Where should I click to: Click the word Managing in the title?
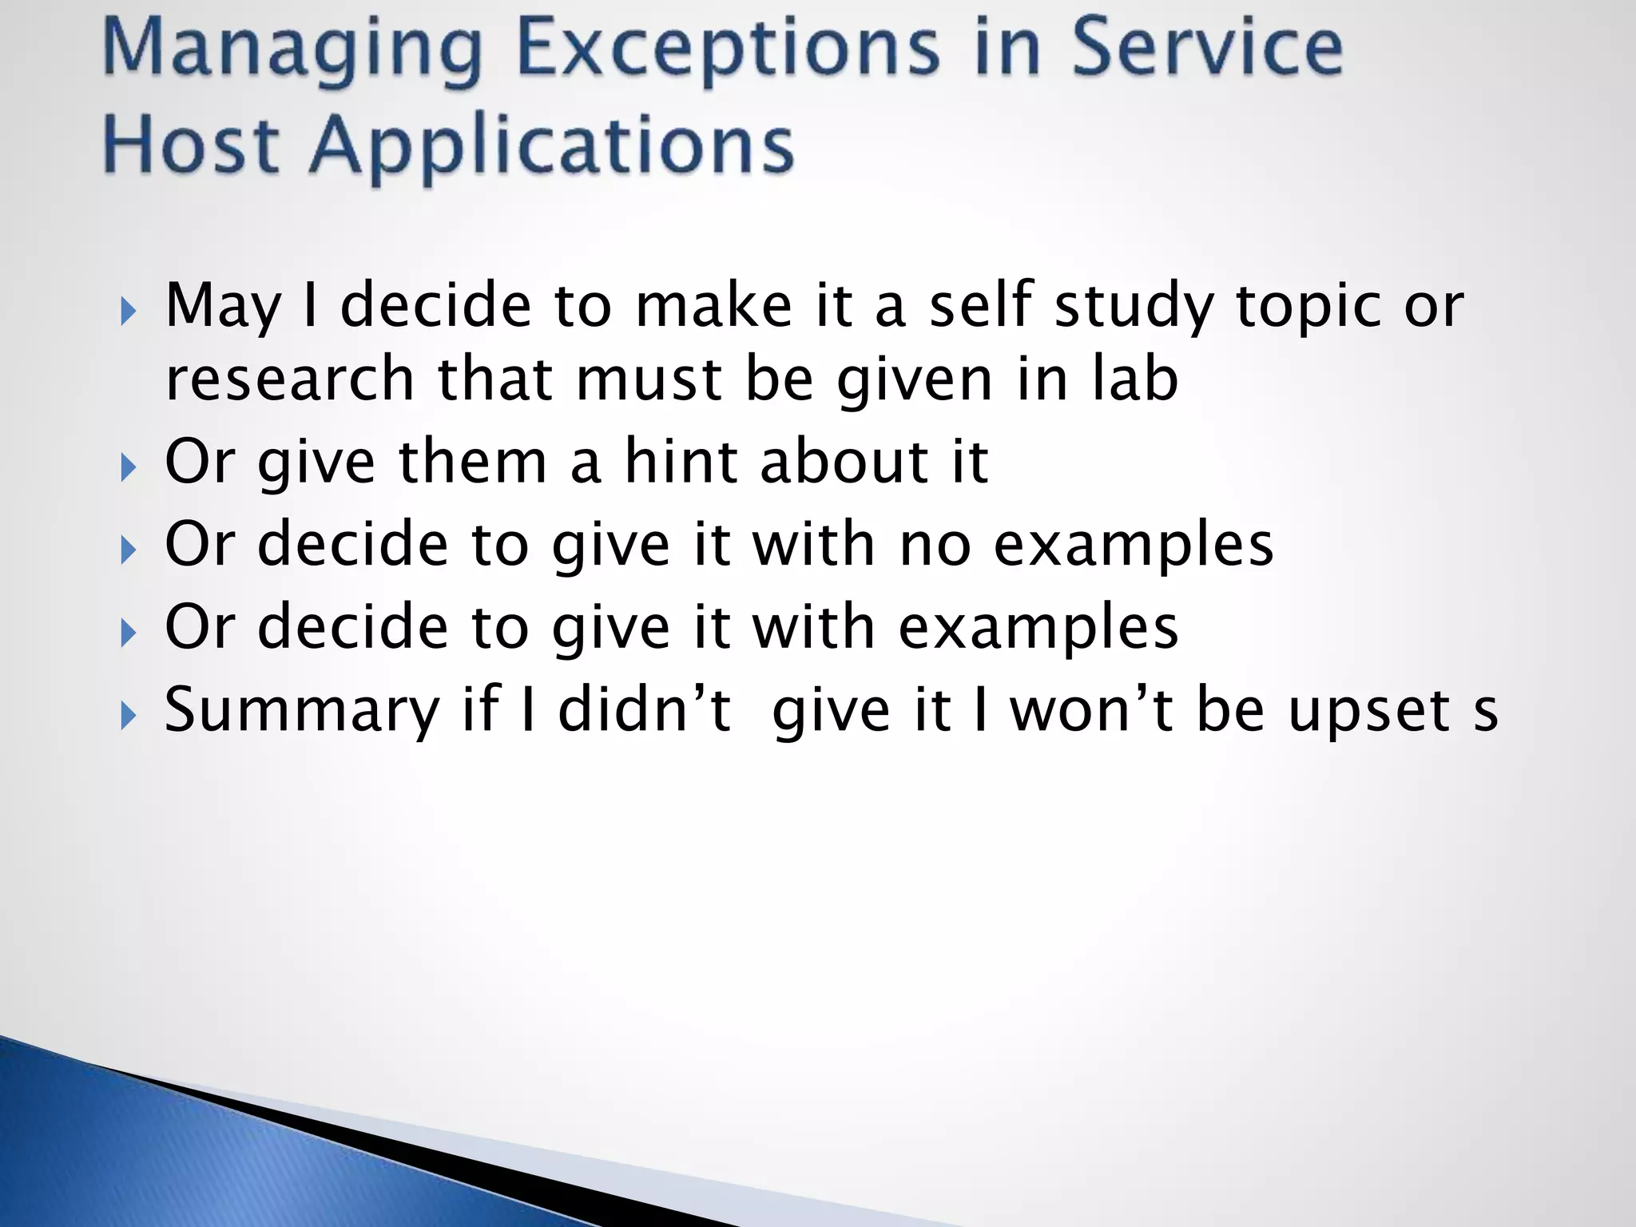click(292, 50)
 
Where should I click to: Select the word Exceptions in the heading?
click(727, 50)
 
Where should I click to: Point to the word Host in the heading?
click(192, 146)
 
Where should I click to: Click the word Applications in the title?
click(551, 146)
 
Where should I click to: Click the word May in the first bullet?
click(223, 308)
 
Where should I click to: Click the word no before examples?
click(935, 545)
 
